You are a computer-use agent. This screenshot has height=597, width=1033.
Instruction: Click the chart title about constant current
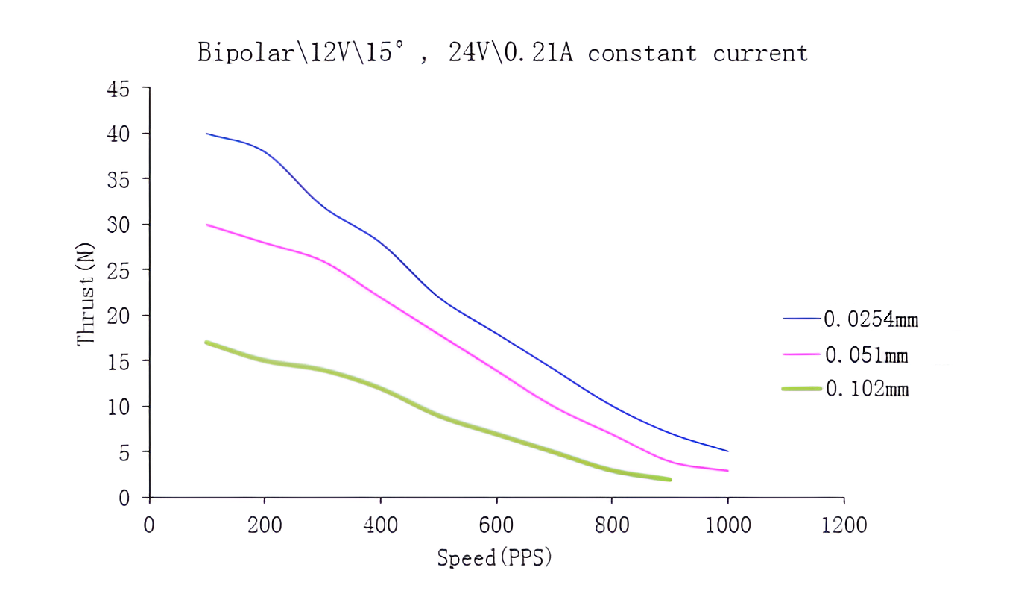(x=502, y=54)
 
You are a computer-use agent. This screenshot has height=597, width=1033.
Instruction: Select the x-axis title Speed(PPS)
(x=494, y=557)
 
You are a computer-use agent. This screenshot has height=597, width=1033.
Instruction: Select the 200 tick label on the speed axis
(x=265, y=525)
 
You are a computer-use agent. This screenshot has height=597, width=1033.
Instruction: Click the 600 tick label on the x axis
(x=496, y=525)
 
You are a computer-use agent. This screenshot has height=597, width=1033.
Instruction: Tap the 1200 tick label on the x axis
(x=843, y=525)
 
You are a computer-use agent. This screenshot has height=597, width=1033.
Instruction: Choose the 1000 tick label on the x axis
(x=727, y=525)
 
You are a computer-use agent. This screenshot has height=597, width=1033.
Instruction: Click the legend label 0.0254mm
(x=871, y=319)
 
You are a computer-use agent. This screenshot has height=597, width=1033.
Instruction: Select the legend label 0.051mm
(x=866, y=354)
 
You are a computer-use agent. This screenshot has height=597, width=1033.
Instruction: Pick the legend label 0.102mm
(x=867, y=389)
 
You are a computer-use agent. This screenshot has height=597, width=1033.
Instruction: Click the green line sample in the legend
(x=801, y=389)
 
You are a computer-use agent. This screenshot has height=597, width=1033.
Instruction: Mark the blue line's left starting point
(x=207, y=134)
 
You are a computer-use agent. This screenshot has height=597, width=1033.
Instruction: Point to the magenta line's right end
(x=727, y=471)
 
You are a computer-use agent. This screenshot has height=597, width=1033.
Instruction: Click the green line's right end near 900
(x=669, y=479)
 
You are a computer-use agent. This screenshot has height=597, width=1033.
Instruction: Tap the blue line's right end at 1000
(x=727, y=451)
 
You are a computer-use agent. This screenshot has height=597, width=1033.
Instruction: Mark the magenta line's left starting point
(x=207, y=225)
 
